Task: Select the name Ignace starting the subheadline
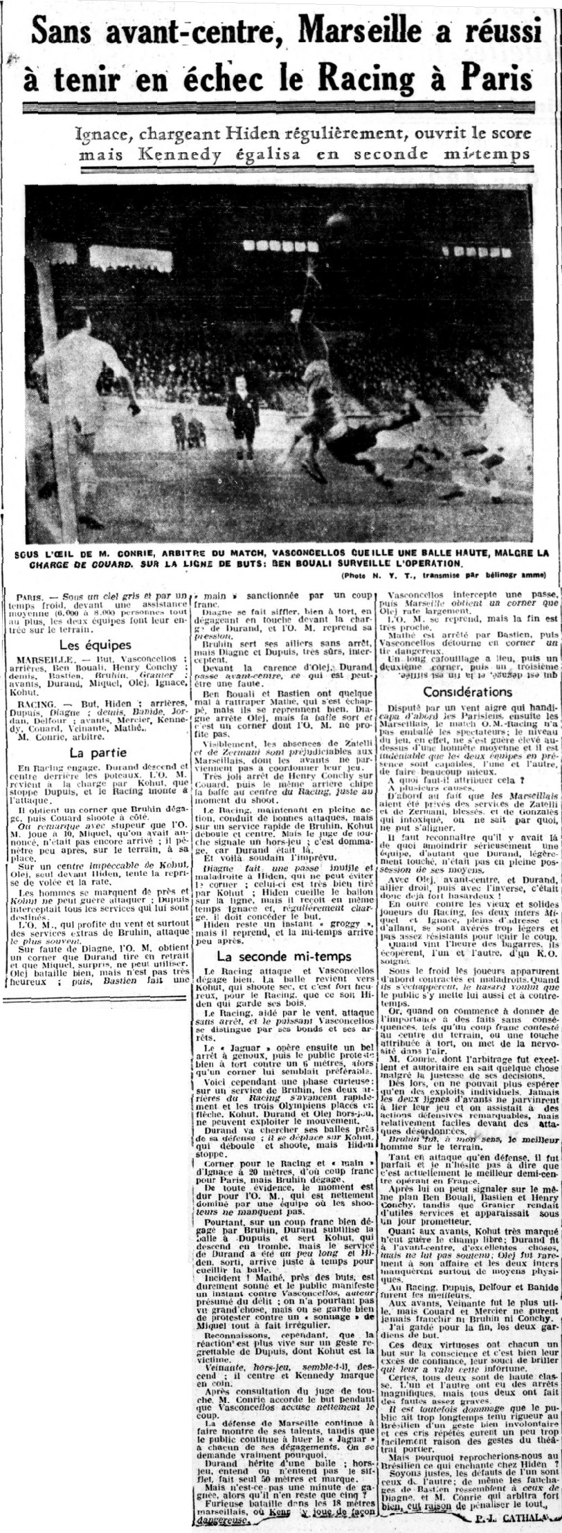(104, 133)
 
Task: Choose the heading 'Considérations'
(468, 691)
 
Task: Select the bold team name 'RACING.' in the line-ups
(38, 715)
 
